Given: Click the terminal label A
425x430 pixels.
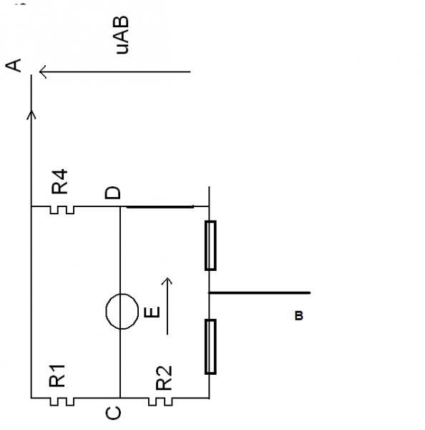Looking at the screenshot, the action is click(13, 65).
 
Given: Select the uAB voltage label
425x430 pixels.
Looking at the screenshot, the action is click(121, 35).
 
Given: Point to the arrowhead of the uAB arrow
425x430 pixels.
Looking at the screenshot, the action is click(43, 72).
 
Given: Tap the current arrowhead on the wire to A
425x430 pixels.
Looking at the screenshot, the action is click(31, 115).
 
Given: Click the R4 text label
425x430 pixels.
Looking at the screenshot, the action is click(59, 181).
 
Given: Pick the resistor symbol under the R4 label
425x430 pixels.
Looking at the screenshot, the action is click(62, 210).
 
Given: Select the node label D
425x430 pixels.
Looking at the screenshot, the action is click(112, 193).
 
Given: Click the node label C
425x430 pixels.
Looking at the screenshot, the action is click(113, 413).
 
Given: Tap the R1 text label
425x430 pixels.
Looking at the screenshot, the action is click(57, 376).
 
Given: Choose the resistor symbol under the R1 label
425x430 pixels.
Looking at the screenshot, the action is click(62, 402).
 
